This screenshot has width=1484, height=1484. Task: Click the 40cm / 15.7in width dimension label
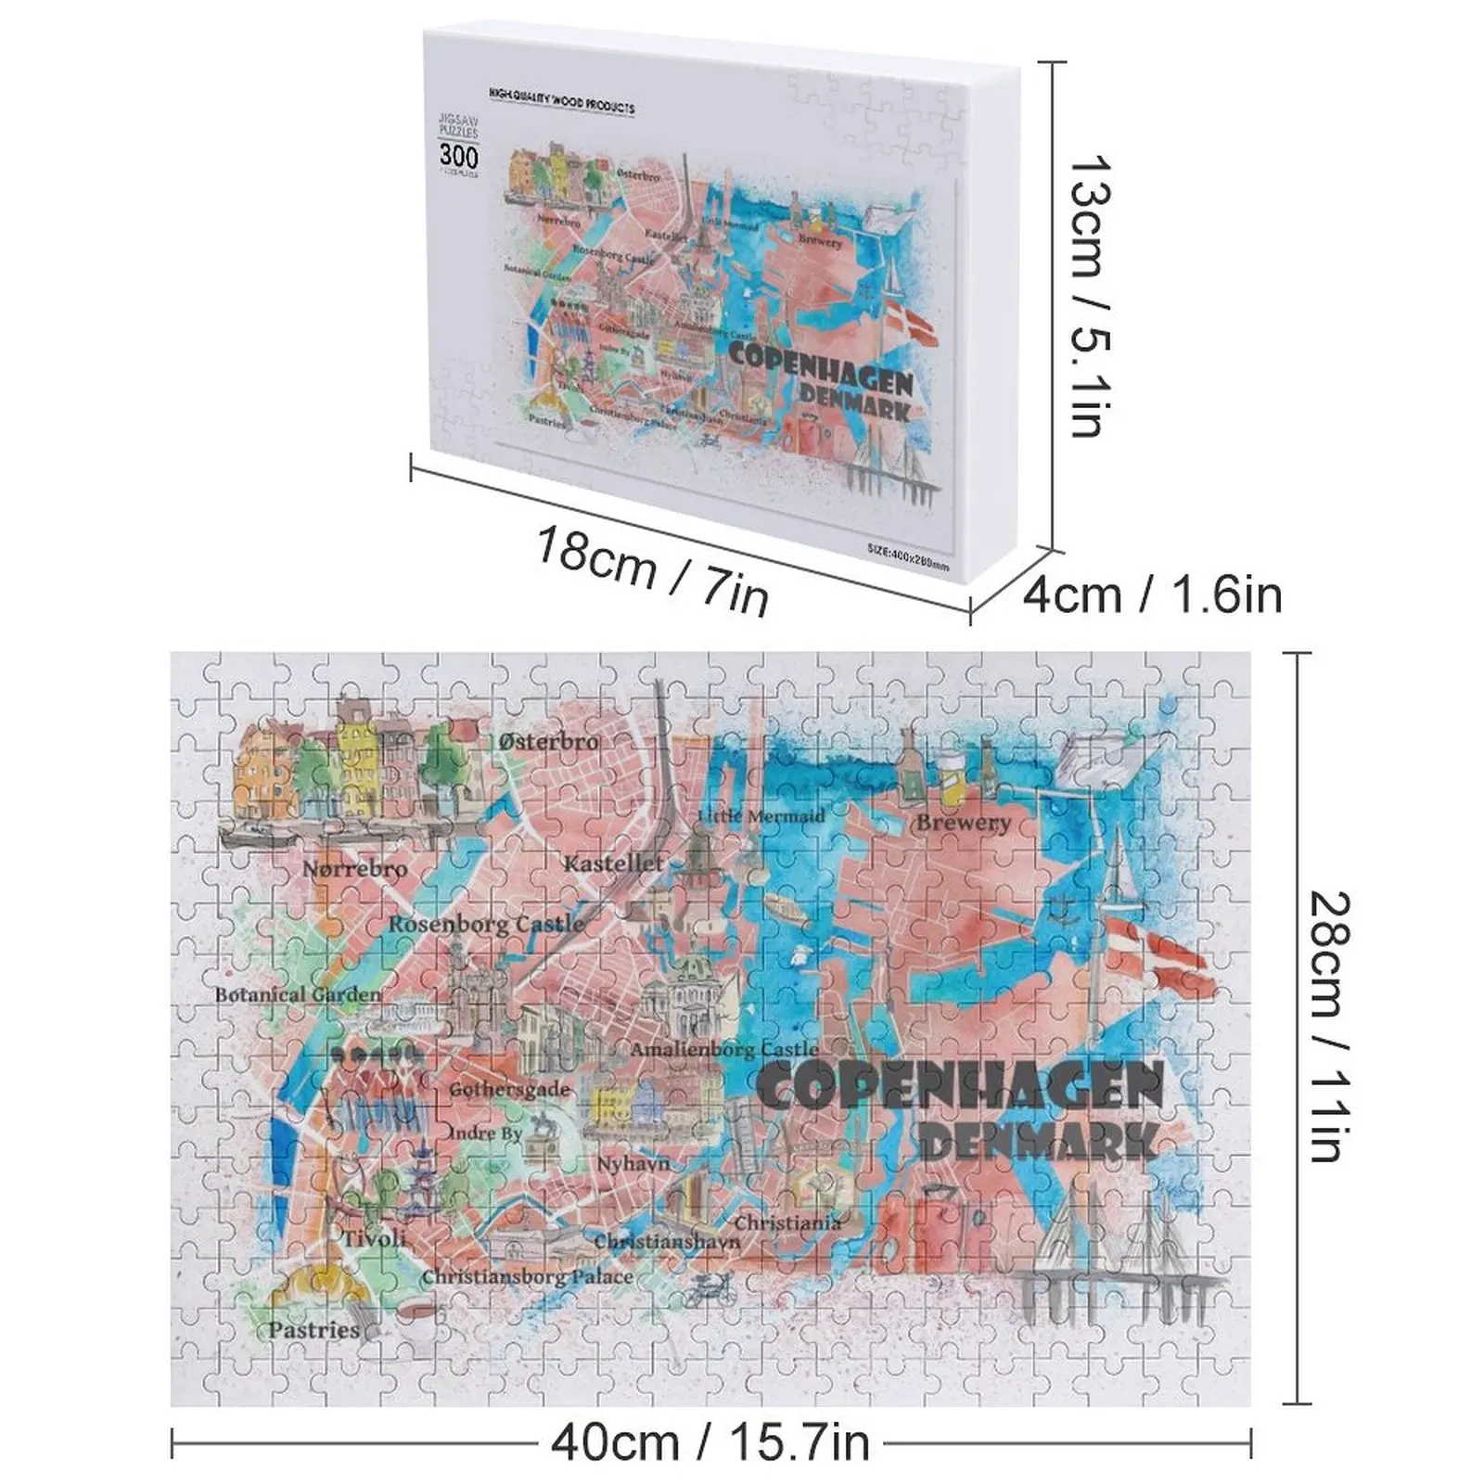(710, 1443)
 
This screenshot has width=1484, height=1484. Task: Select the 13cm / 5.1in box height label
(1091, 295)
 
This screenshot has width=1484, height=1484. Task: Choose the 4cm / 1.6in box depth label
(1152, 595)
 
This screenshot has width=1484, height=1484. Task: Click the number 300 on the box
(458, 156)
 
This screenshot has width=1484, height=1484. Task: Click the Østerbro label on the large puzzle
(548, 741)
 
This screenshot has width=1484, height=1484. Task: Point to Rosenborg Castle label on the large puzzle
(486, 924)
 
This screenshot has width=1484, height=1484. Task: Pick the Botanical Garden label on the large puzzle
(298, 994)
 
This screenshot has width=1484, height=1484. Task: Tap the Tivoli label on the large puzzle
(374, 1238)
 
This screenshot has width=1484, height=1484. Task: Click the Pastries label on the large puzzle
(313, 1329)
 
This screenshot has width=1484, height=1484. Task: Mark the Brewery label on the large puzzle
(963, 823)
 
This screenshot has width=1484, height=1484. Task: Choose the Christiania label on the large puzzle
(787, 1222)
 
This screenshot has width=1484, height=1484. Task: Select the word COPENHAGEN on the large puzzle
(960, 1086)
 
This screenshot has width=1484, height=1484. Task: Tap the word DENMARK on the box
(854, 402)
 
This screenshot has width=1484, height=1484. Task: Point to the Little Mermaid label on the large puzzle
(761, 816)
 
